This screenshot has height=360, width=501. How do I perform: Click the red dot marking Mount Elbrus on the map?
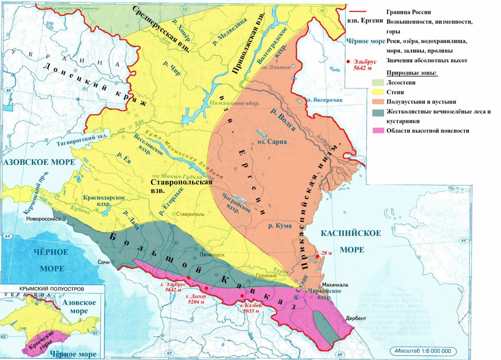pyautogui.click(x=189, y=277)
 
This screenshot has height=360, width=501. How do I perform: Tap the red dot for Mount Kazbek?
pyautogui.click(x=242, y=296)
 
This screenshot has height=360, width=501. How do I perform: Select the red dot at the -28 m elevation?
pyautogui.click(x=317, y=256)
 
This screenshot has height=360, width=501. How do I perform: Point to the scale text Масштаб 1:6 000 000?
pyautogui.click(x=422, y=351)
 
